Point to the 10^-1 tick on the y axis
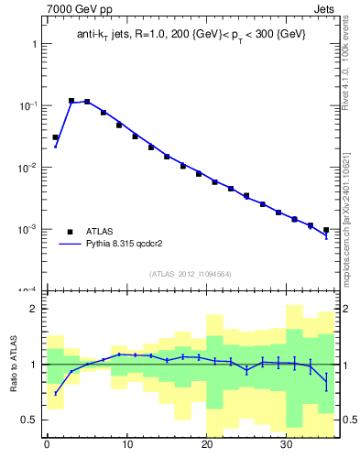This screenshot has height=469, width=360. [x=30, y=106]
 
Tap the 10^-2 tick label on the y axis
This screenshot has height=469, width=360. [x=30, y=168]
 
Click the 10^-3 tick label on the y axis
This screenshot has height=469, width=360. [x=30, y=229]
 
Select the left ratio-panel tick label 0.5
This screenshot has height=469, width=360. [x=31, y=420]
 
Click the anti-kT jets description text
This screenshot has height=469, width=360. [x=191, y=34]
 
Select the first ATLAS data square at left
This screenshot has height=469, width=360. [x=55, y=137]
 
